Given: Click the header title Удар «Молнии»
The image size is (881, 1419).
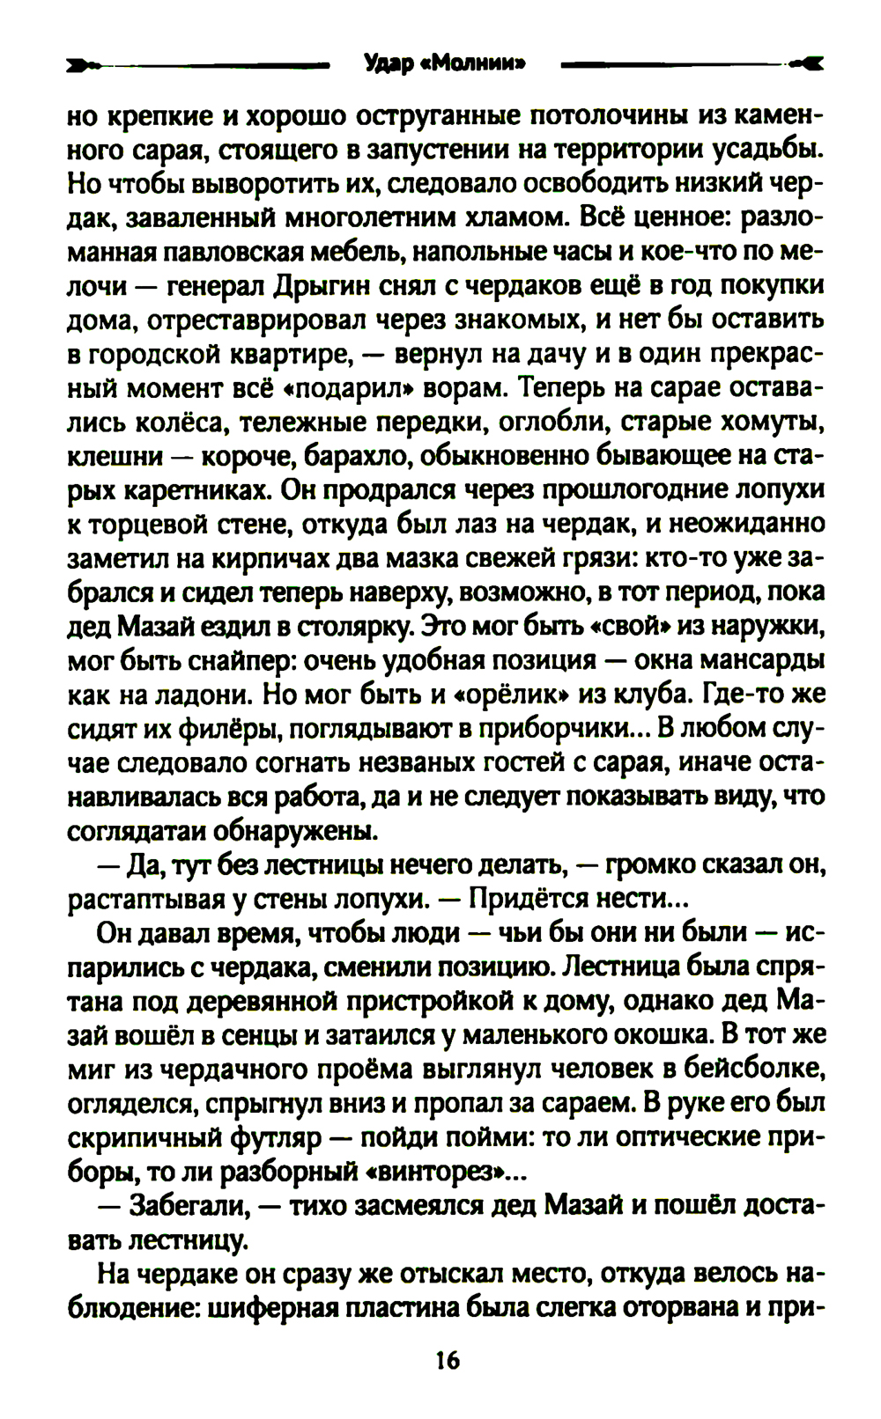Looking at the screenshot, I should (x=445, y=63).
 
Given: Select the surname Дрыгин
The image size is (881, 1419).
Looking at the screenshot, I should (x=325, y=286).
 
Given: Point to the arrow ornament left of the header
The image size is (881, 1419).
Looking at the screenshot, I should (x=85, y=64).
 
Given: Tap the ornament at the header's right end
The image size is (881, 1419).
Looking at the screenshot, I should (x=805, y=63).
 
